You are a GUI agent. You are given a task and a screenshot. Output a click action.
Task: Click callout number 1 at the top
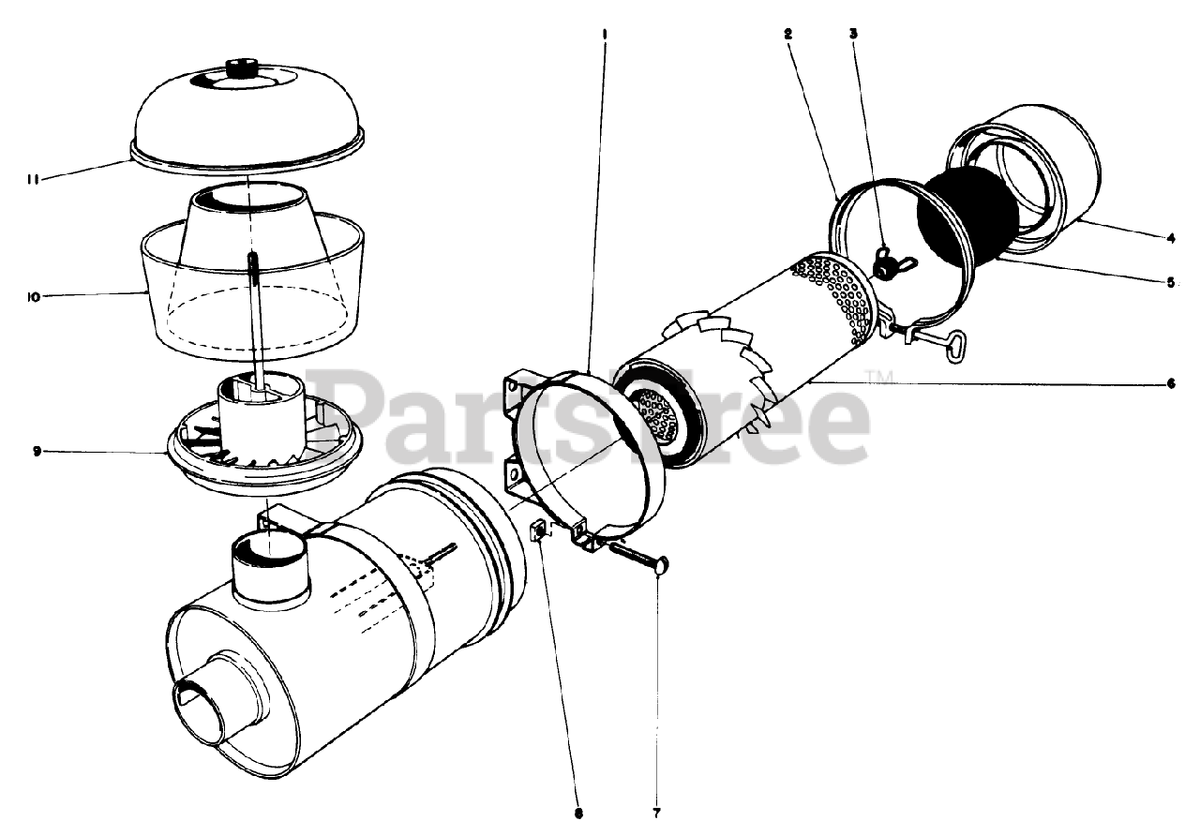605,34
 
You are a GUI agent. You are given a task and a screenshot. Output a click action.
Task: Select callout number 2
787,34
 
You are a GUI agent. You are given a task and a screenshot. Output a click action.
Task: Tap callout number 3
853,34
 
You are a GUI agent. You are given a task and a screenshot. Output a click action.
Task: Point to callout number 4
1171,238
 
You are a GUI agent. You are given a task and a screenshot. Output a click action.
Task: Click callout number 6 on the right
1171,383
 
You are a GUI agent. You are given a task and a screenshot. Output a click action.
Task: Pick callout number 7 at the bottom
657,814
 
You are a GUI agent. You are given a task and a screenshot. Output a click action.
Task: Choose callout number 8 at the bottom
578,814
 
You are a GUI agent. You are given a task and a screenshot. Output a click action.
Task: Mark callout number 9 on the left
37,452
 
